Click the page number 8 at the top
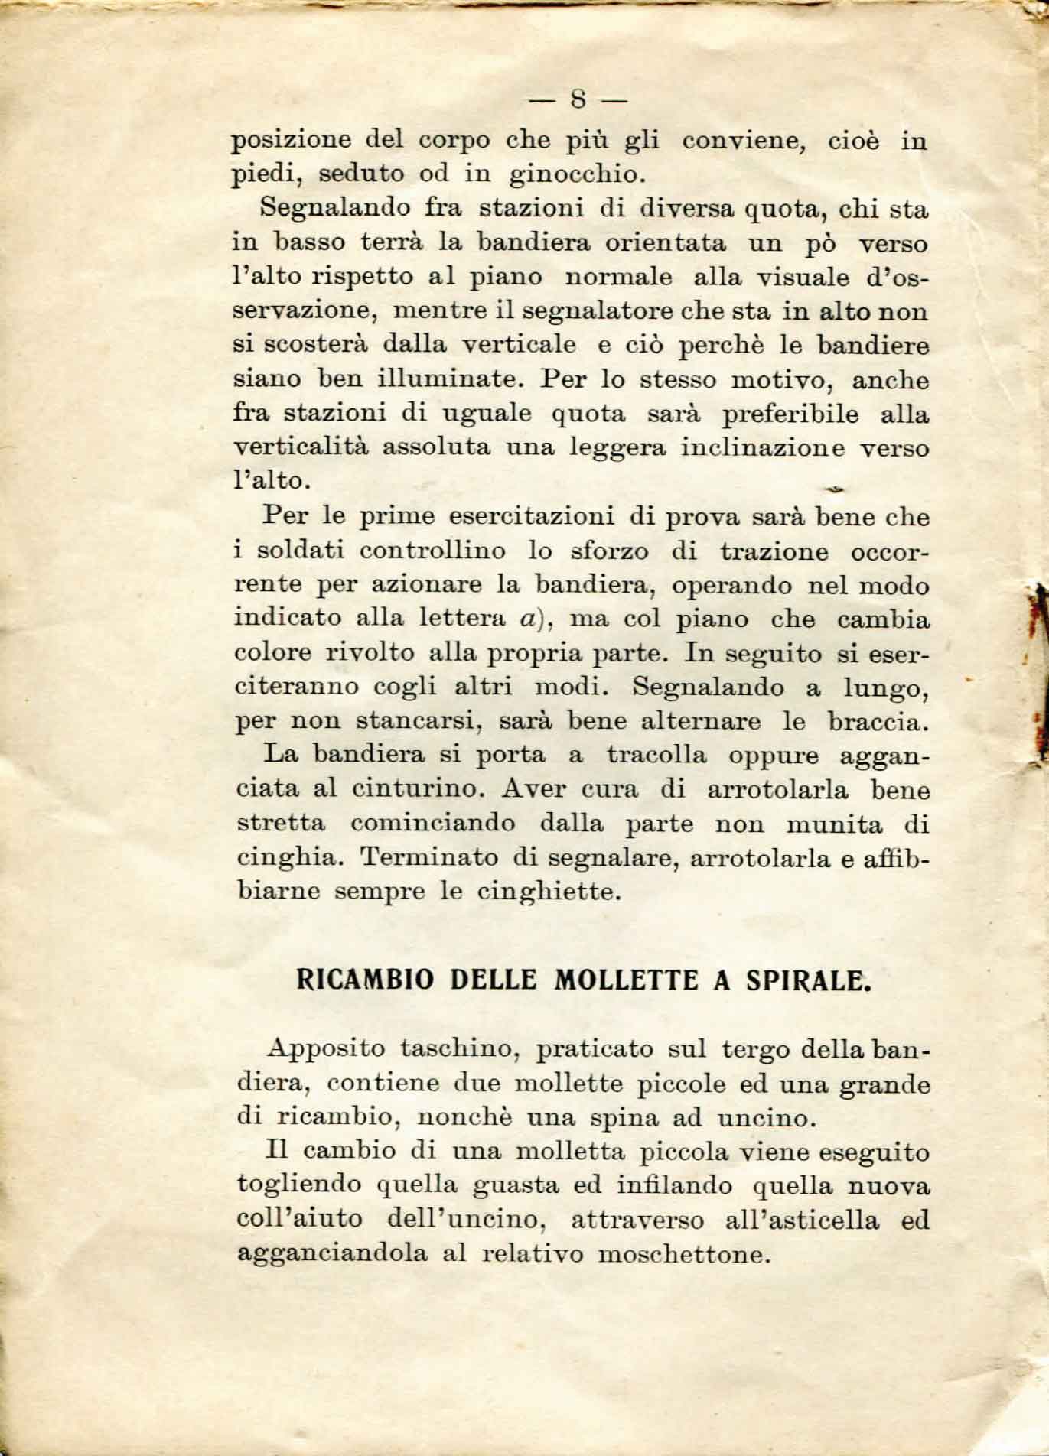coord(578,100)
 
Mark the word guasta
coord(518,1186)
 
